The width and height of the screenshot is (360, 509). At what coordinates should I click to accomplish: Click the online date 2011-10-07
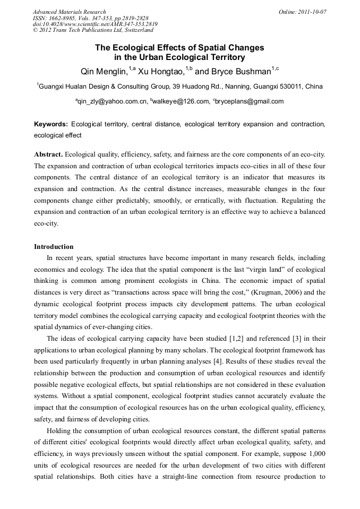[312, 12]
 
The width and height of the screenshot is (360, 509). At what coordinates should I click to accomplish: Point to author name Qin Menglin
[104, 72]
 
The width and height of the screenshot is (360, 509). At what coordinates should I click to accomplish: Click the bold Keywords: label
[51, 124]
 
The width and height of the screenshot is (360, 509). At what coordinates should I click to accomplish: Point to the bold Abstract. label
[49, 154]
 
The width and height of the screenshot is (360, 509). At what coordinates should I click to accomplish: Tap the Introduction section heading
[54, 247]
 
